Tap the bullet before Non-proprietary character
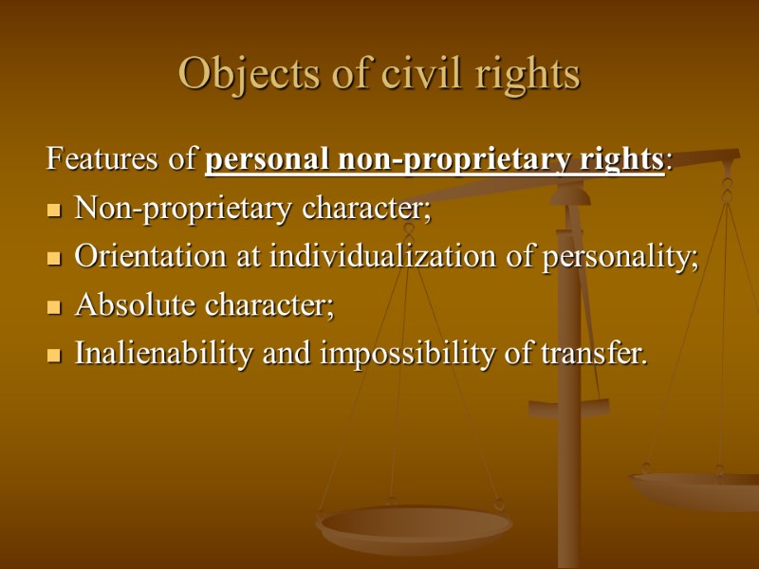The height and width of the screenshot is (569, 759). coord(54,210)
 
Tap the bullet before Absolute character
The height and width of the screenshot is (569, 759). coord(54,308)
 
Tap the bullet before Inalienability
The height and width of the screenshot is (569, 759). coord(54,358)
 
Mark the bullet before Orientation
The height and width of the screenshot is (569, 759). coord(54,259)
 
